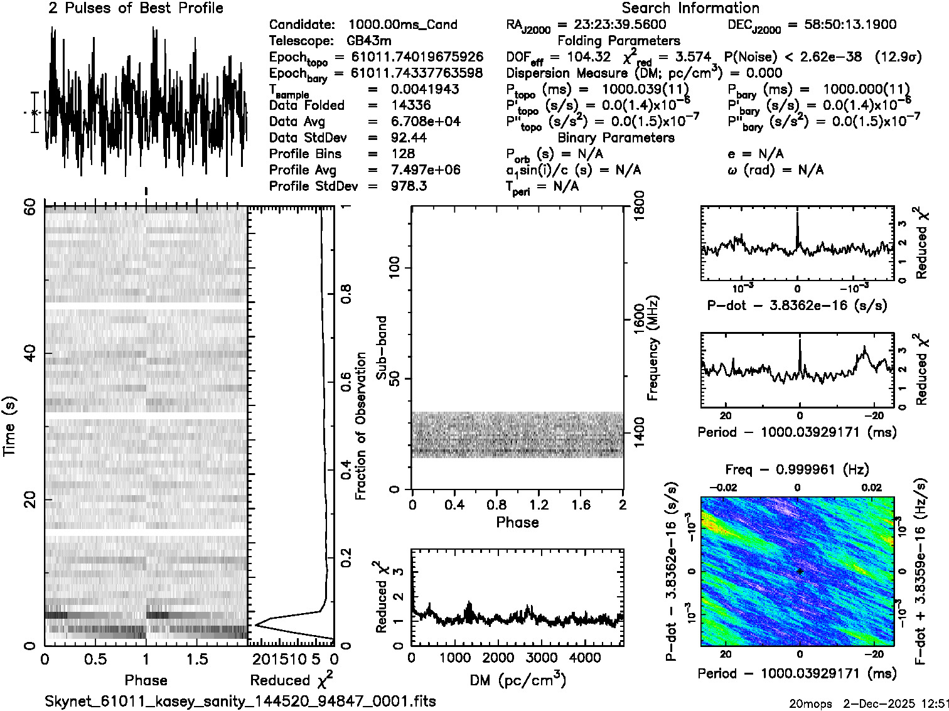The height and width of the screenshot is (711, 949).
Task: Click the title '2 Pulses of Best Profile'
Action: (x=136, y=8)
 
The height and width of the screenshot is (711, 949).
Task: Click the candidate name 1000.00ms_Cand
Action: (x=402, y=24)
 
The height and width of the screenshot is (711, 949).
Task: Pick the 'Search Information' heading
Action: (x=690, y=8)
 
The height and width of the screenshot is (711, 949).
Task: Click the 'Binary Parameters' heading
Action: (x=616, y=137)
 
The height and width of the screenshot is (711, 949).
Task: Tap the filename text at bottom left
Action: (x=240, y=701)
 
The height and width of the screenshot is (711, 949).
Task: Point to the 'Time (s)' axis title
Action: (x=9, y=427)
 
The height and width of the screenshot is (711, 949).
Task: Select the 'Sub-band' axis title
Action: (x=381, y=347)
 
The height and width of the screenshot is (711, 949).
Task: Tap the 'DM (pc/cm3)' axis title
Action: (x=517, y=680)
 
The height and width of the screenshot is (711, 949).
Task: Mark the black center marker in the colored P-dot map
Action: (x=800, y=571)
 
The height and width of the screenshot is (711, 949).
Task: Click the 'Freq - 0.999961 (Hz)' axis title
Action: (x=797, y=469)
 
